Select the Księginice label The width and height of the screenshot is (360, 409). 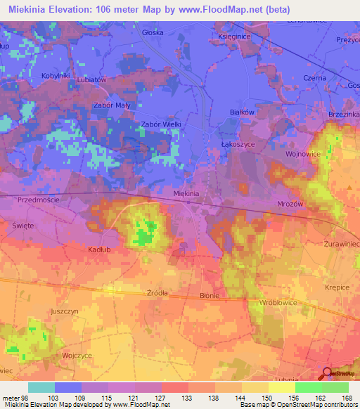coord(235,36)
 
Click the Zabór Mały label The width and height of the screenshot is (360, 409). coord(112,105)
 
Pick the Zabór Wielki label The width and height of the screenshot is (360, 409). coord(162,124)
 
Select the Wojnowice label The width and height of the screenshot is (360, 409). coord(303,152)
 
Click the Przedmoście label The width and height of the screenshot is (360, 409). coord(39,200)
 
